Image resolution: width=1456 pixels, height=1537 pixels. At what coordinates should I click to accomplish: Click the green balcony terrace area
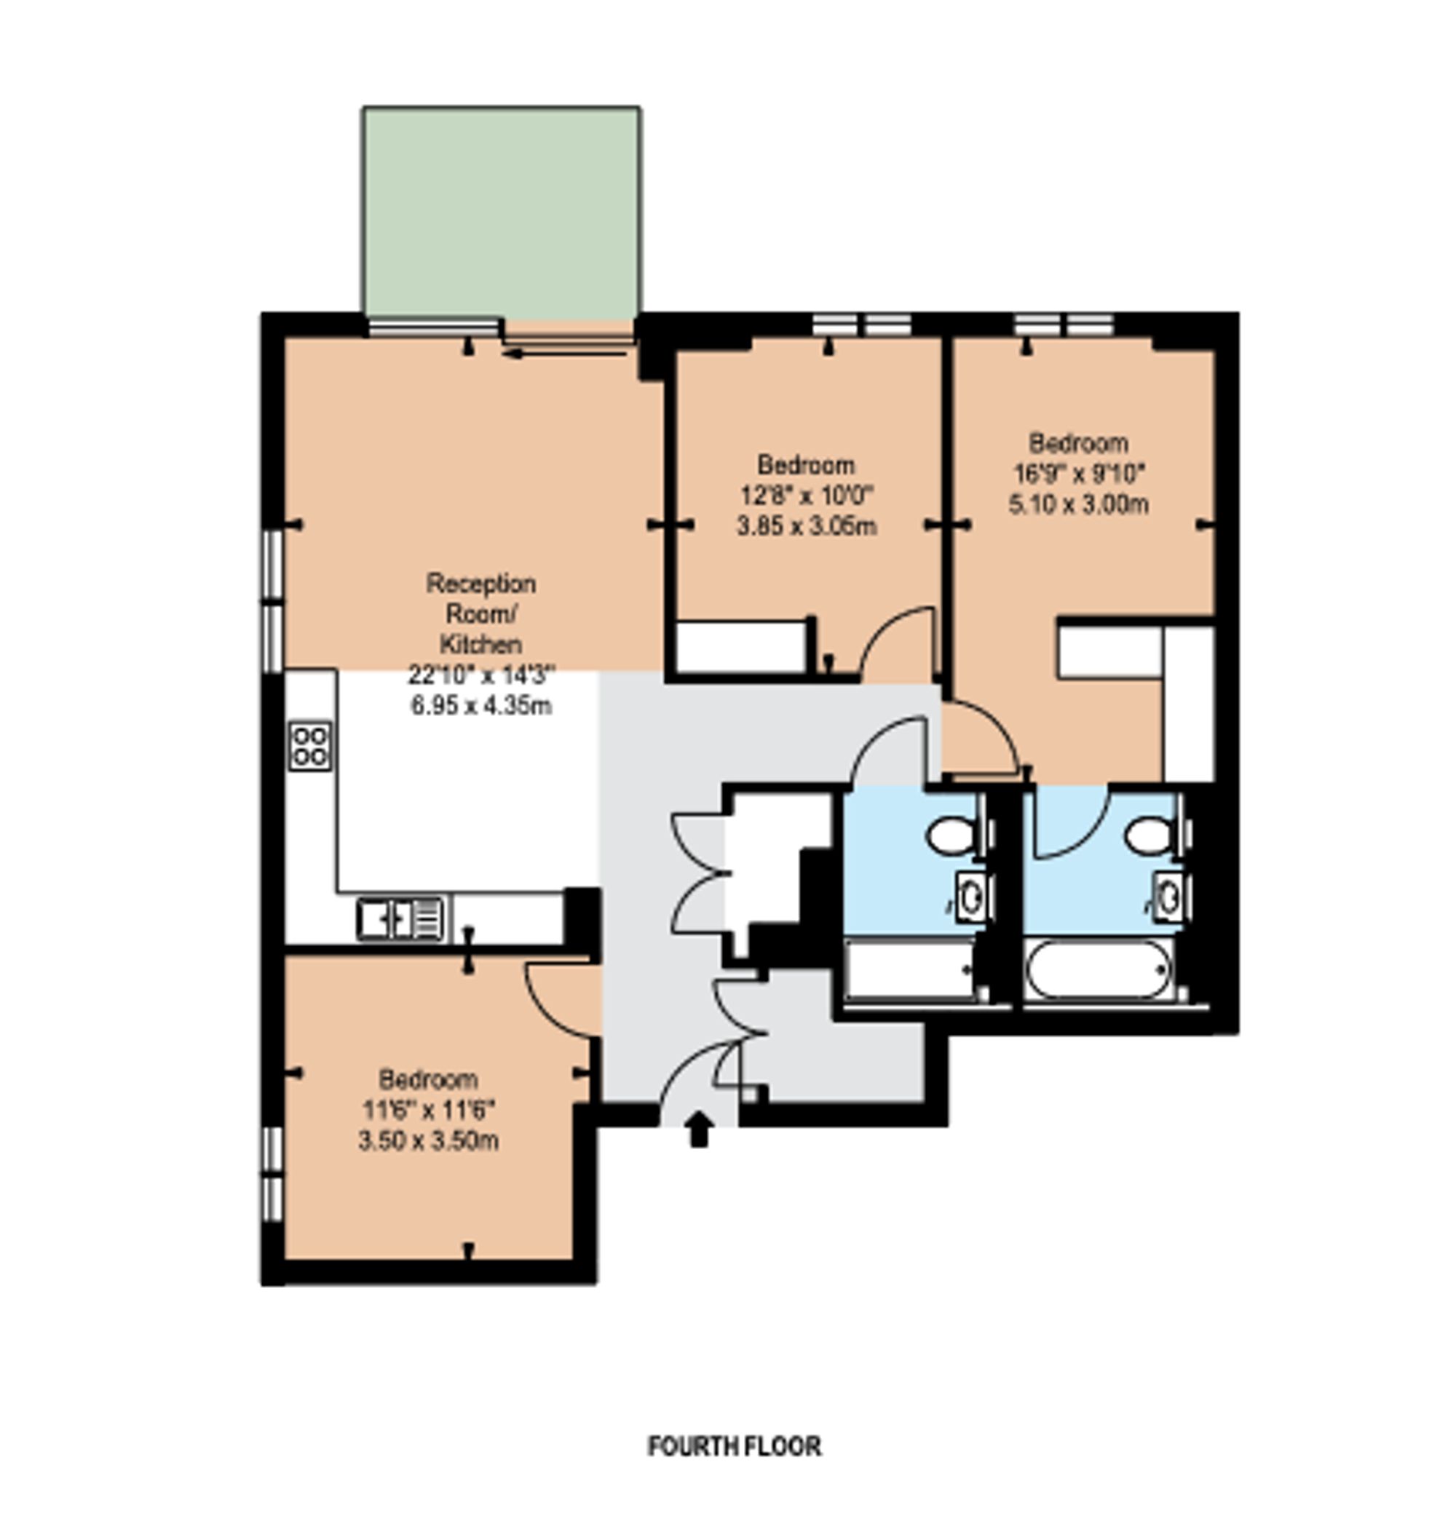(x=502, y=212)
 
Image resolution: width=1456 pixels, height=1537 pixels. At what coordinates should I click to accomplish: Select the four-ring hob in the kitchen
(x=310, y=746)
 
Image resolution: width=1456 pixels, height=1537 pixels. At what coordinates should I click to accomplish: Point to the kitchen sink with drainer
(x=400, y=918)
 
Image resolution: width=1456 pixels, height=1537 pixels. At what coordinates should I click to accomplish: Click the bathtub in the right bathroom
(x=1097, y=970)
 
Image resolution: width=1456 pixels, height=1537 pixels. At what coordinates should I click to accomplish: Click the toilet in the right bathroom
(x=1148, y=836)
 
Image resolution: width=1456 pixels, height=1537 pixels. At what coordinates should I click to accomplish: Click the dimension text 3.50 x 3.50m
(x=427, y=1141)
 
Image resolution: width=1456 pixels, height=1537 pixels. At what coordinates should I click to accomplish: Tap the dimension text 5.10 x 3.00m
(x=1078, y=505)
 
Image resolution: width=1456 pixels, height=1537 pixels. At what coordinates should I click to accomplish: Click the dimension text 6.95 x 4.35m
(x=480, y=706)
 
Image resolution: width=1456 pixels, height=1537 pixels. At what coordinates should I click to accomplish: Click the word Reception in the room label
(x=480, y=584)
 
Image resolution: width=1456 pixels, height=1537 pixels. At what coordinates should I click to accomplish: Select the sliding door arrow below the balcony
(x=564, y=354)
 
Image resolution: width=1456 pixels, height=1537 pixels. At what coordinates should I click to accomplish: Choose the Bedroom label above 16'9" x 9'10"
(x=1078, y=443)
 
